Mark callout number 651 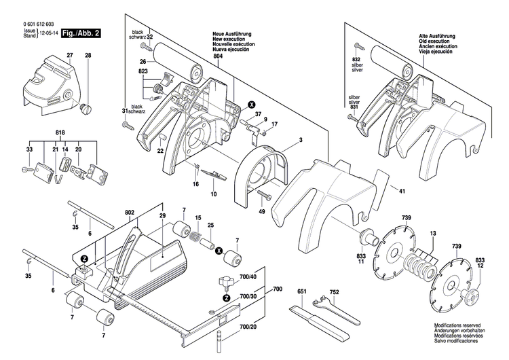tap(301, 293)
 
